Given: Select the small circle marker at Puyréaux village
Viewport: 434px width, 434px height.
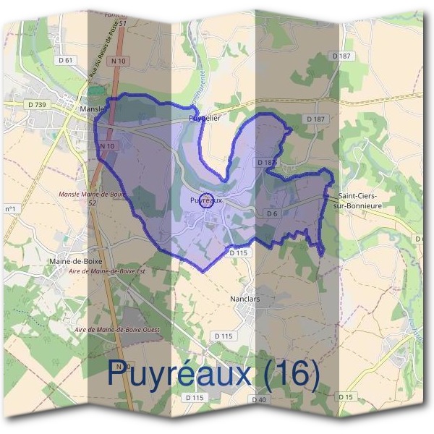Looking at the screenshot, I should coord(205,200).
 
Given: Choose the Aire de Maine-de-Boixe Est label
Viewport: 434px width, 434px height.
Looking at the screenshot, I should coord(106,271).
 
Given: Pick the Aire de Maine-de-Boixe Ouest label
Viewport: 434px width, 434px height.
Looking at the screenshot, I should coord(116,330).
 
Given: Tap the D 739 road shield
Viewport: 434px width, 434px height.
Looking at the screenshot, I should coord(38,106).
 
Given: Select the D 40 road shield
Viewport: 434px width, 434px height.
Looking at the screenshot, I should coord(259,399).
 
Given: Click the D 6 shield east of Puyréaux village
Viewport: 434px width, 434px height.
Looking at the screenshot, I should coord(272,214).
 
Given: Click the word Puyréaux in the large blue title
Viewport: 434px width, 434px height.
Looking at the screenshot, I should coord(181,374).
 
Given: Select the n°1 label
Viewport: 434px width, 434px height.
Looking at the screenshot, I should coord(11,210).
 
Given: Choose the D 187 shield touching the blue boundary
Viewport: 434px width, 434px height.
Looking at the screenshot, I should coord(266,163).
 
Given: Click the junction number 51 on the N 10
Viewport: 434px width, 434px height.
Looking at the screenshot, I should coord(123,24).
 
